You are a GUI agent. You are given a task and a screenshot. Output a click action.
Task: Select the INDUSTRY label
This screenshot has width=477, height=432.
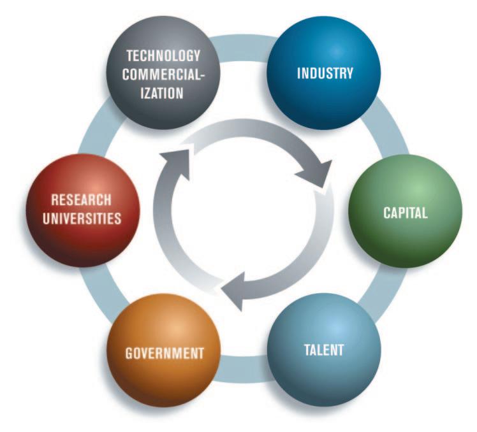click(x=325, y=73)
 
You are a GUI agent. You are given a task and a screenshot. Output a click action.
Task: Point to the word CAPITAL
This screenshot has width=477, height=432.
click(x=405, y=213)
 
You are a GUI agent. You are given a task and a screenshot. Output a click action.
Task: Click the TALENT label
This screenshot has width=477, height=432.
click(x=323, y=350)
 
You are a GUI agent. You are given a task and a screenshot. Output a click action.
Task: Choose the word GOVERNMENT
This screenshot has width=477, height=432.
click(x=165, y=352)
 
